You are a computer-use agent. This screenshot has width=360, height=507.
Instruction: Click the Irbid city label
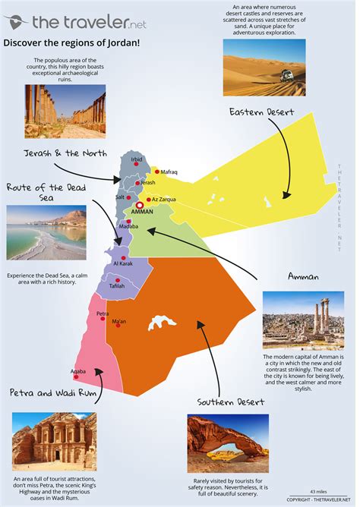137,159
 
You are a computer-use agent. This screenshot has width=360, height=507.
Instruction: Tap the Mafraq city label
169,172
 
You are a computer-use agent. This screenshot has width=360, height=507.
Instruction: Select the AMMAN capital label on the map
143,212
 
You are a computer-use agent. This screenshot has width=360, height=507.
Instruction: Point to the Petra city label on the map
103,313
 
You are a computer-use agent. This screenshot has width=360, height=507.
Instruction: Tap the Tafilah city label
116,287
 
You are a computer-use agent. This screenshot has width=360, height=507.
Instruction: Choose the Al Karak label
123,263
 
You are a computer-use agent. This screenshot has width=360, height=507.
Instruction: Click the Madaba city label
128,226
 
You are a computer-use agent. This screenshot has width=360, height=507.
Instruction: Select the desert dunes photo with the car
264,68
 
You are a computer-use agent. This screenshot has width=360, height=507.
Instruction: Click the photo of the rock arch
228,439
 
